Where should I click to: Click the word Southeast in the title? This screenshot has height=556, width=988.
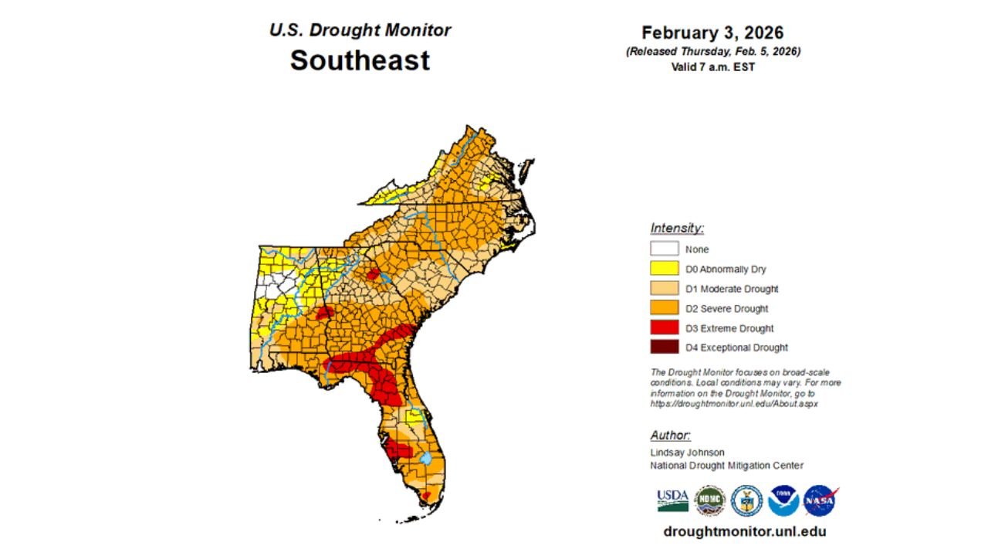tap(360, 59)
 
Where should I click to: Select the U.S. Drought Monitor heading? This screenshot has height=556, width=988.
tap(360, 30)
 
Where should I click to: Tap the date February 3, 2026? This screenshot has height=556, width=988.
tap(712, 33)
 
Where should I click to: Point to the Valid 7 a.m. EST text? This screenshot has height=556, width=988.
tap(712, 67)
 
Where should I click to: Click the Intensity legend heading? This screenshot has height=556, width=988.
tap(677, 228)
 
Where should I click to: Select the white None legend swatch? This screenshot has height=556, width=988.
tap(664, 249)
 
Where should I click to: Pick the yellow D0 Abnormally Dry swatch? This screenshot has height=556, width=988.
tap(664, 269)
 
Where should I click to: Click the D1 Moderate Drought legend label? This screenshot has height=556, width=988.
tap(732, 289)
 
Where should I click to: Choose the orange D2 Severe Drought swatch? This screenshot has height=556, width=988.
tap(664, 308)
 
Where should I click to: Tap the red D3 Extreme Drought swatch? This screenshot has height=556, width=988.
tap(664, 328)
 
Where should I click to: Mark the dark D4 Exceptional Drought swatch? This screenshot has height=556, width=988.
tap(664, 347)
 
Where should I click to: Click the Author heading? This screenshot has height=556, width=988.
tap(670, 436)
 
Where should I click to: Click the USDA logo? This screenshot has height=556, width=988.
tap(672, 500)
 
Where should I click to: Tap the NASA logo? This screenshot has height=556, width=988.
tap(820, 500)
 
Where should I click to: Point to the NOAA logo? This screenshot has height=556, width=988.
tap(783, 500)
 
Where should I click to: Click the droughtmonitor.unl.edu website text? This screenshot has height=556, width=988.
tap(744, 531)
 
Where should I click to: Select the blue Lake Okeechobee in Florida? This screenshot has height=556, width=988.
tap(425, 458)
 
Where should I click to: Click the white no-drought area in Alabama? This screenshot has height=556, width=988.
tap(276, 289)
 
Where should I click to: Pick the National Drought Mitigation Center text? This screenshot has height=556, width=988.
tap(726, 466)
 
